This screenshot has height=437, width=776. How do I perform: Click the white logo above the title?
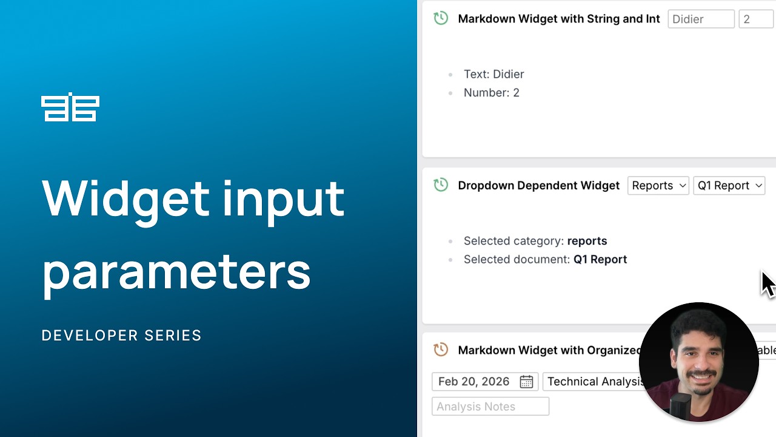pos(70,107)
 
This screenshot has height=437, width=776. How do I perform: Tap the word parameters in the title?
pos(176,271)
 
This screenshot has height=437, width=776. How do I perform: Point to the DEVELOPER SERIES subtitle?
pos(121,336)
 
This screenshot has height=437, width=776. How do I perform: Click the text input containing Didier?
pos(701,19)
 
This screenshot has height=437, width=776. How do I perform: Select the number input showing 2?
pos(755,19)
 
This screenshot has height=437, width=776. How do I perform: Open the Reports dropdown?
pos(658,186)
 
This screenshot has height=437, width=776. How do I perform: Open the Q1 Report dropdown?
pos(729,186)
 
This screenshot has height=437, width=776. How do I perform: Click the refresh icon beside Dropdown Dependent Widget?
pos(441,185)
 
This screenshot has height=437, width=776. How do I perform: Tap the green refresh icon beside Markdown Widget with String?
pos(441,18)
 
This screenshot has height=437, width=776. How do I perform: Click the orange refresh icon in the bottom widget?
pos(441,350)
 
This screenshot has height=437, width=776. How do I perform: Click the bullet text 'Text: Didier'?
pos(493,74)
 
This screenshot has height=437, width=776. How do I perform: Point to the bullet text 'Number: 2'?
pos(491,93)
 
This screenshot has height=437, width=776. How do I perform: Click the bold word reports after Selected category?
pos(587,241)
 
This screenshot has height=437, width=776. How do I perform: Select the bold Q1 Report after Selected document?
pos(600,259)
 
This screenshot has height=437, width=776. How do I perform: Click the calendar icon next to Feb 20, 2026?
pos(526,382)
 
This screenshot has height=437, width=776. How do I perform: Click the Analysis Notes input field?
pos(490,407)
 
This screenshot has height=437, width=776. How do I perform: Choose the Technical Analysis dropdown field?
pos(594,382)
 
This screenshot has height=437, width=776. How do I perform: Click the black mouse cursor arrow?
pos(768,284)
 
